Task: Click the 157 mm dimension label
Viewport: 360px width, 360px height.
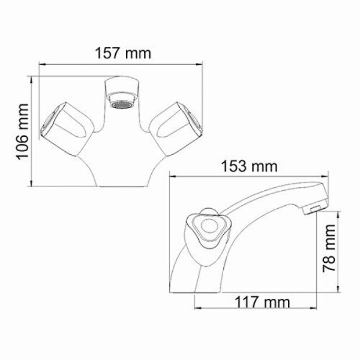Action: click(122, 52)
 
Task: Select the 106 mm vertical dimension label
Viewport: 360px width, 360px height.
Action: click(23, 131)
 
